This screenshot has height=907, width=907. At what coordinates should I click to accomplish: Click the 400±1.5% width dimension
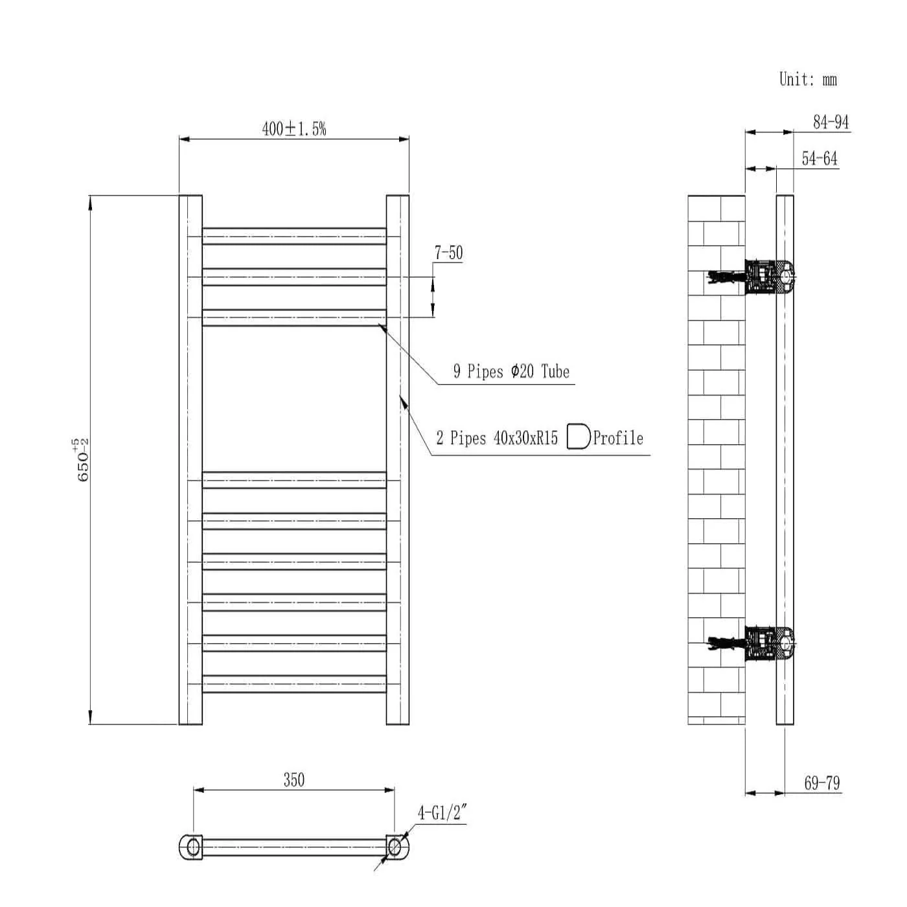click(294, 128)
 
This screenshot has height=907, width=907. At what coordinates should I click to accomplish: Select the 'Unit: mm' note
click(808, 79)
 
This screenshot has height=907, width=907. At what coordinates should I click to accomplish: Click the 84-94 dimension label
click(831, 122)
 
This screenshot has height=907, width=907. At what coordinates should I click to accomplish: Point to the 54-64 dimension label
click(820, 158)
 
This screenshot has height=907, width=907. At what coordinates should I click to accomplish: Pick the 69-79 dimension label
click(822, 783)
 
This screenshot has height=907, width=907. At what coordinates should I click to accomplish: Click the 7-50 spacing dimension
click(448, 253)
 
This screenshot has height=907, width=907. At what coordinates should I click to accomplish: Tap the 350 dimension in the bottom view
click(294, 779)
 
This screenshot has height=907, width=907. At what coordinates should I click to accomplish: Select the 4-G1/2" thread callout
click(442, 812)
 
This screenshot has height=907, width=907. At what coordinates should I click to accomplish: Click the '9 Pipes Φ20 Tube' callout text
click(511, 371)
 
